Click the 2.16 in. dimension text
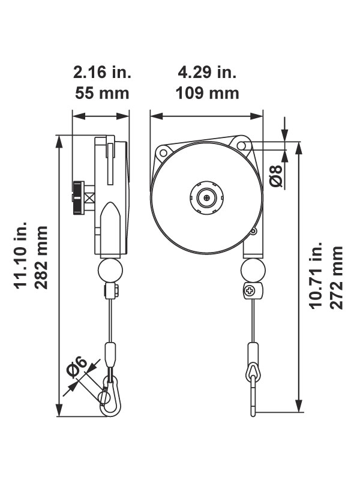[x=101, y=73]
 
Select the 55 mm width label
[x=101, y=94]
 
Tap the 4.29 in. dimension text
[x=207, y=73]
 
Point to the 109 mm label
[x=207, y=94]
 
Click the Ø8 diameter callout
[x=275, y=175]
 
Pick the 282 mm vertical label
[x=42, y=257]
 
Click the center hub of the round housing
[x=206, y=196]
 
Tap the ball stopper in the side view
[x=109, y=270]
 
